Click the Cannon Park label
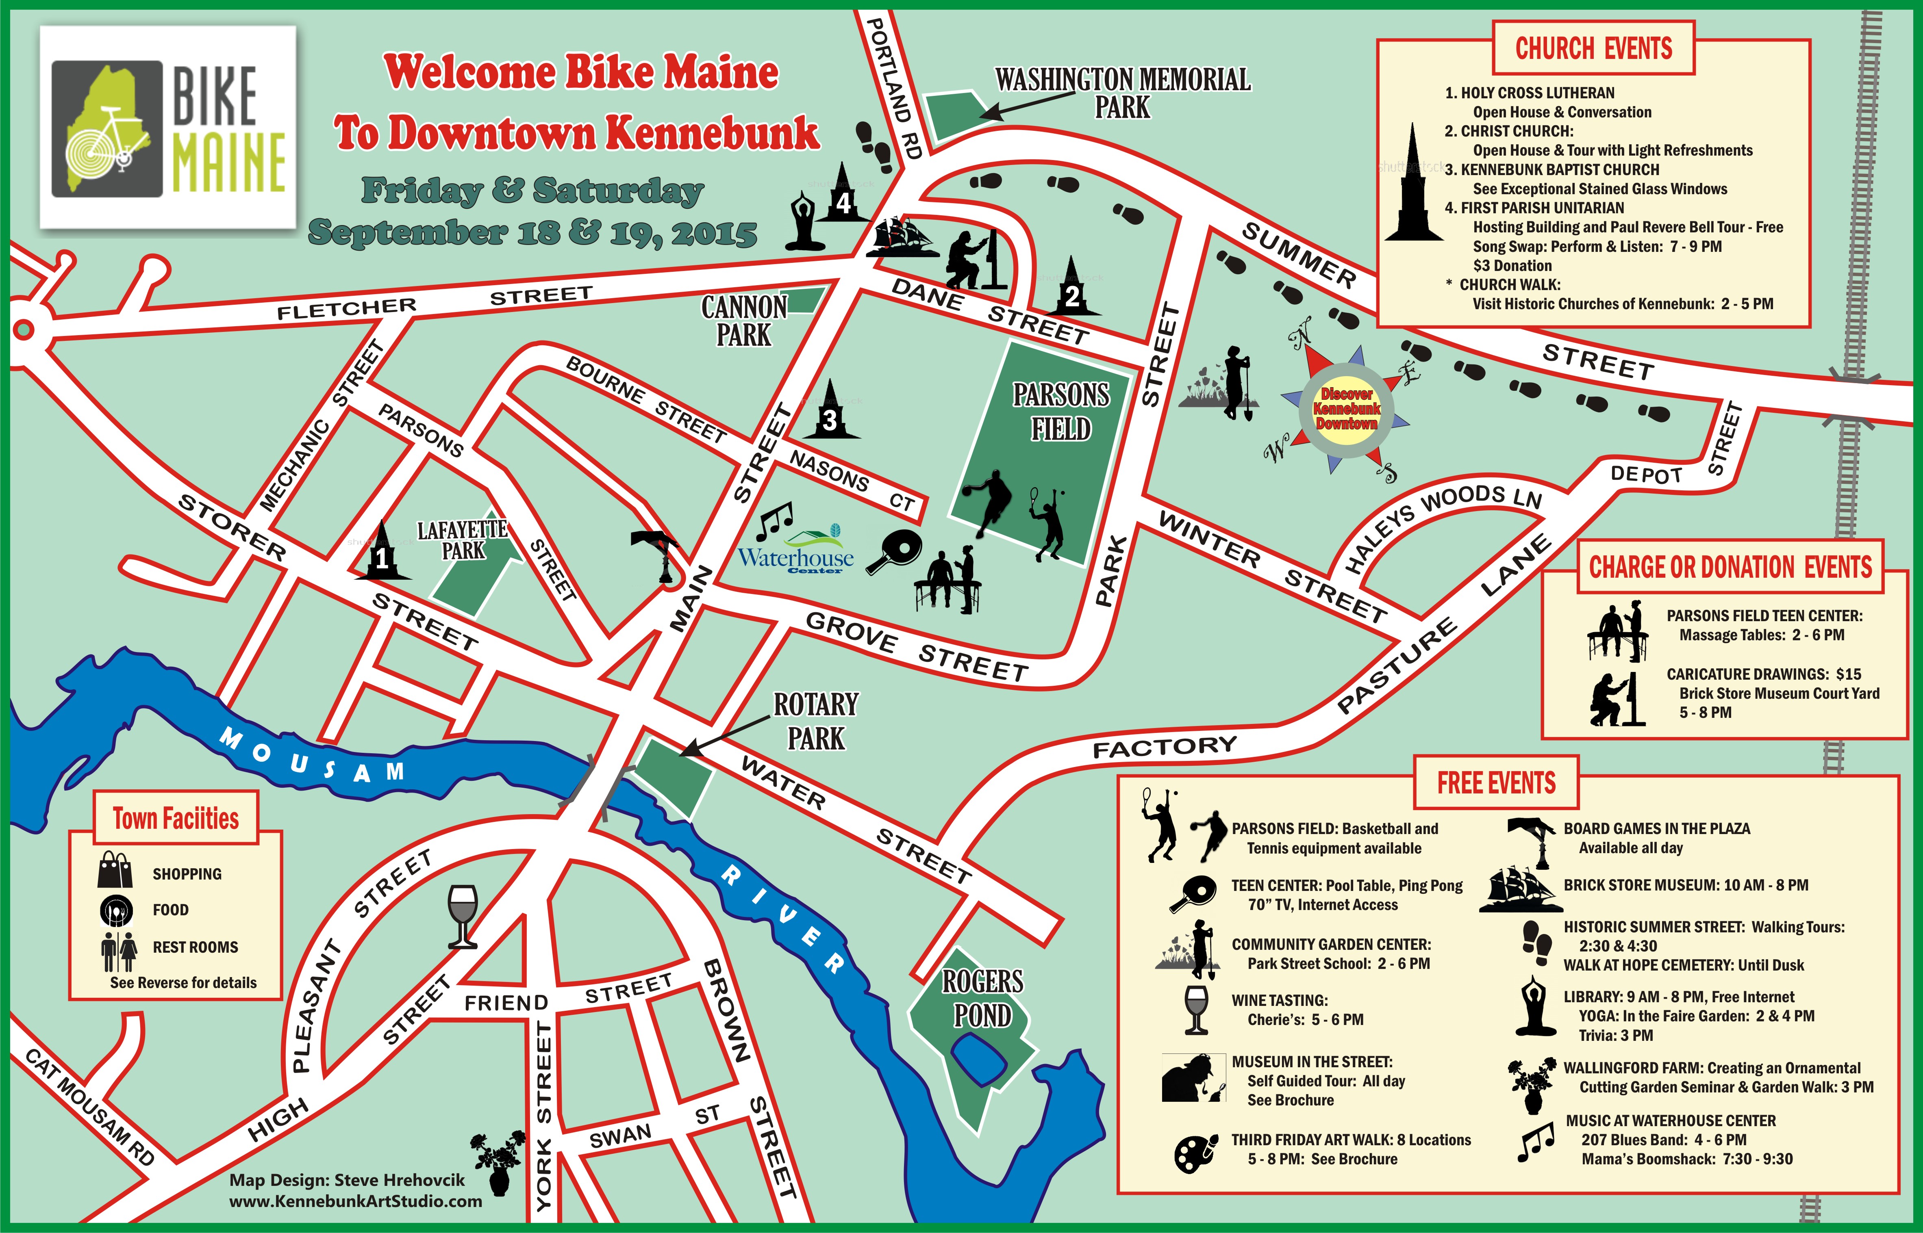coord(744,320)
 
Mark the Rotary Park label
coord(815,721)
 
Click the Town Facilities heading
coord(176,818)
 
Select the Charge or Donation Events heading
coord(1730,568)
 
